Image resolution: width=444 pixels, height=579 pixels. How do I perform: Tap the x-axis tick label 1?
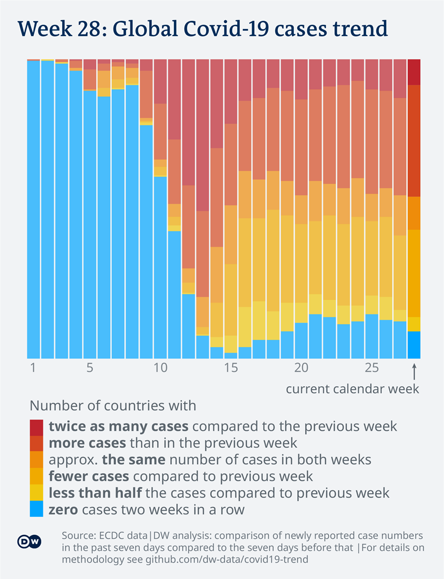coord(33,369)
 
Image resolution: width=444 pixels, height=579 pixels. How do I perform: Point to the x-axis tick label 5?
coord(89,369)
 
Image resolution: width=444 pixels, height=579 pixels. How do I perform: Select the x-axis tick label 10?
coord(160,369)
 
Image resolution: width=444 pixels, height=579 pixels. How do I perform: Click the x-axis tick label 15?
coord(230,369)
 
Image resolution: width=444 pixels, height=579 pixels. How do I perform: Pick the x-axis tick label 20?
coord(301,369)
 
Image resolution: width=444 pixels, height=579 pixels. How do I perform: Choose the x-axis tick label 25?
coord(371,369)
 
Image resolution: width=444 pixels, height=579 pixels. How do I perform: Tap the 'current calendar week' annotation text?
coord(352,389)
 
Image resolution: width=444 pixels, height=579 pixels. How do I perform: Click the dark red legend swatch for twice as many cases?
coord(36,426)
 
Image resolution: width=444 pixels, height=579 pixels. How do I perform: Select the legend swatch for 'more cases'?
coord(36,443)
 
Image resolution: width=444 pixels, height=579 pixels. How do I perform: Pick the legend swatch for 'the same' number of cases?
coord(36,459)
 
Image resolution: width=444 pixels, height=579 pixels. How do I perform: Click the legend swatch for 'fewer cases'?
coord(36,476)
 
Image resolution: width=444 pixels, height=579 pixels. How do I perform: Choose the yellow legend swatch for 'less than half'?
coord(36,492)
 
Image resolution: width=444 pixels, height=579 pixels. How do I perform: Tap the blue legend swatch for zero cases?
coord(36,509)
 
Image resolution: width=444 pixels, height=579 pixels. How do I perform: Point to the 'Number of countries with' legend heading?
coord(113,405)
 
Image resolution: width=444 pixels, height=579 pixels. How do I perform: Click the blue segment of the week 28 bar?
coord(414,345)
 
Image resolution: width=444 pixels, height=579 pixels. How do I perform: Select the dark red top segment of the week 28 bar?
coord(414,72)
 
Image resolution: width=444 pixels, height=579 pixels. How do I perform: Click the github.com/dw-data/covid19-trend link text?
coord(226,559)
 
